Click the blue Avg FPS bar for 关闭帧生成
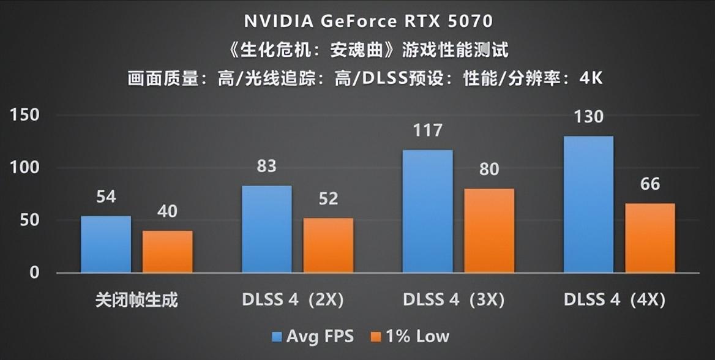coord(106,244)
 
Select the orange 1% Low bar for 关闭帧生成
coord(168,252)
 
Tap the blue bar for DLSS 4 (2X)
coord(267,229)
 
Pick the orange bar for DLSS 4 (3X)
coord(489,230)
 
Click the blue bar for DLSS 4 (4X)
coord(588,204)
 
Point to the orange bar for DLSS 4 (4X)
coord(650,238)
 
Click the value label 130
coord(588,116)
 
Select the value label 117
coord(427,130)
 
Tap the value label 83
coord(267,166)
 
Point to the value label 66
coord(650,184)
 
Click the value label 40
coord(167,211)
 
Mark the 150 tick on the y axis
coord(24,115)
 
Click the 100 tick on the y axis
coord(24,168)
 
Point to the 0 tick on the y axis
coord(34,272)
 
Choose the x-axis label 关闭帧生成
coord(137,301)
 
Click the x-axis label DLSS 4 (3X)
coord(454,301)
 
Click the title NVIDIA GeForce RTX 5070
coord(369,21)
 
